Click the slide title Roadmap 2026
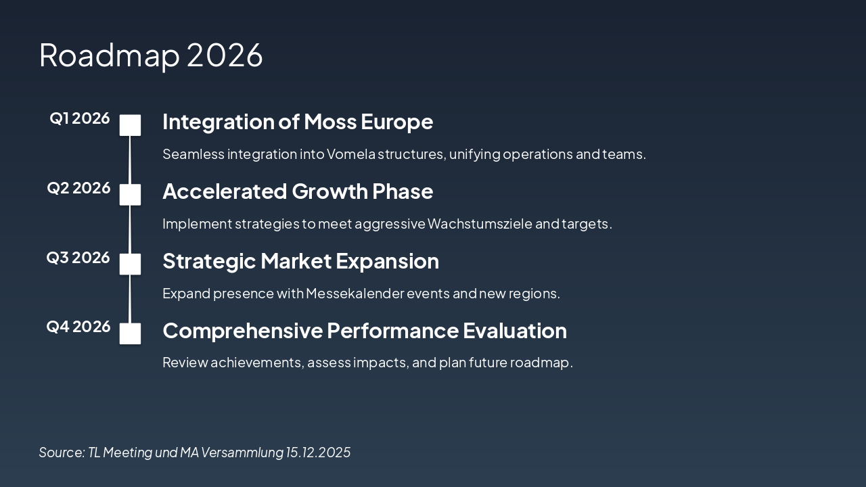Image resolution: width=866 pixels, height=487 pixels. pos(151,55)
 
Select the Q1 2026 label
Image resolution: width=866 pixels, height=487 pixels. pos(79,118)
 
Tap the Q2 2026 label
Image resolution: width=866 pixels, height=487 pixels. pos(78,188)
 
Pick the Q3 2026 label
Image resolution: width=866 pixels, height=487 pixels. pos(78,258)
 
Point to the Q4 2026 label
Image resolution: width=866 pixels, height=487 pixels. pos(78,327)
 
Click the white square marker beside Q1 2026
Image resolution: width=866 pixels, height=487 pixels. pos(130,125)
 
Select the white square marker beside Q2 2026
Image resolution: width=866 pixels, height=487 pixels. pos(130,195)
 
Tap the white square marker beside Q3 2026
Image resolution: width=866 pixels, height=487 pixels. pos(130,264)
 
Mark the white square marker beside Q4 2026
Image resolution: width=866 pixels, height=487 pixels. pos(130,333)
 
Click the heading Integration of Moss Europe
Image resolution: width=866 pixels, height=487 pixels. pos(298,122)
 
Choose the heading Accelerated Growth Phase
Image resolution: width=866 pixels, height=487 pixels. pos(298,191)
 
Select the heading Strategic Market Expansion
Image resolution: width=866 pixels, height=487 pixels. pos(300,261)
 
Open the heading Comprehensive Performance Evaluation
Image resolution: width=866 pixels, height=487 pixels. pos(365,331)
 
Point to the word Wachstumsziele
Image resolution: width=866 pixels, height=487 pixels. pos(480,224)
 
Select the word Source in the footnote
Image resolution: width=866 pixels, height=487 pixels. pos(61,453)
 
